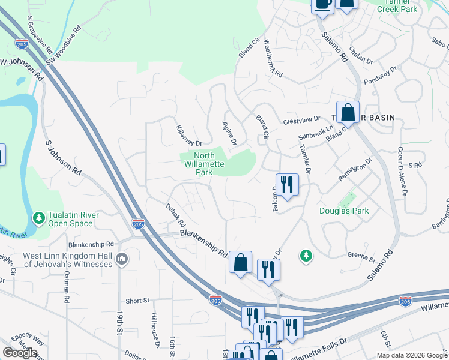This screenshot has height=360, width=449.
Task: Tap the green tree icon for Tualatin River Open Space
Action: (39, 217)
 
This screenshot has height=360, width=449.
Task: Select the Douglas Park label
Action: (343, 211)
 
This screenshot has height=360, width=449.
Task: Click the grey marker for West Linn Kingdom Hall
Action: (122, 259)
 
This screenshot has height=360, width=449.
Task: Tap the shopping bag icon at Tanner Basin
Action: (348, 112)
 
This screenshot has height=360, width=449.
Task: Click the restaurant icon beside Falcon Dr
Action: (287, 185)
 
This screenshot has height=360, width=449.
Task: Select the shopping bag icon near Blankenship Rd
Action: (240, 263)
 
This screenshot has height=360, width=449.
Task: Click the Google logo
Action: (20, 353)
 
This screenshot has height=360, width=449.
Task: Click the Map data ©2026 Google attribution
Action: (411, 355)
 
